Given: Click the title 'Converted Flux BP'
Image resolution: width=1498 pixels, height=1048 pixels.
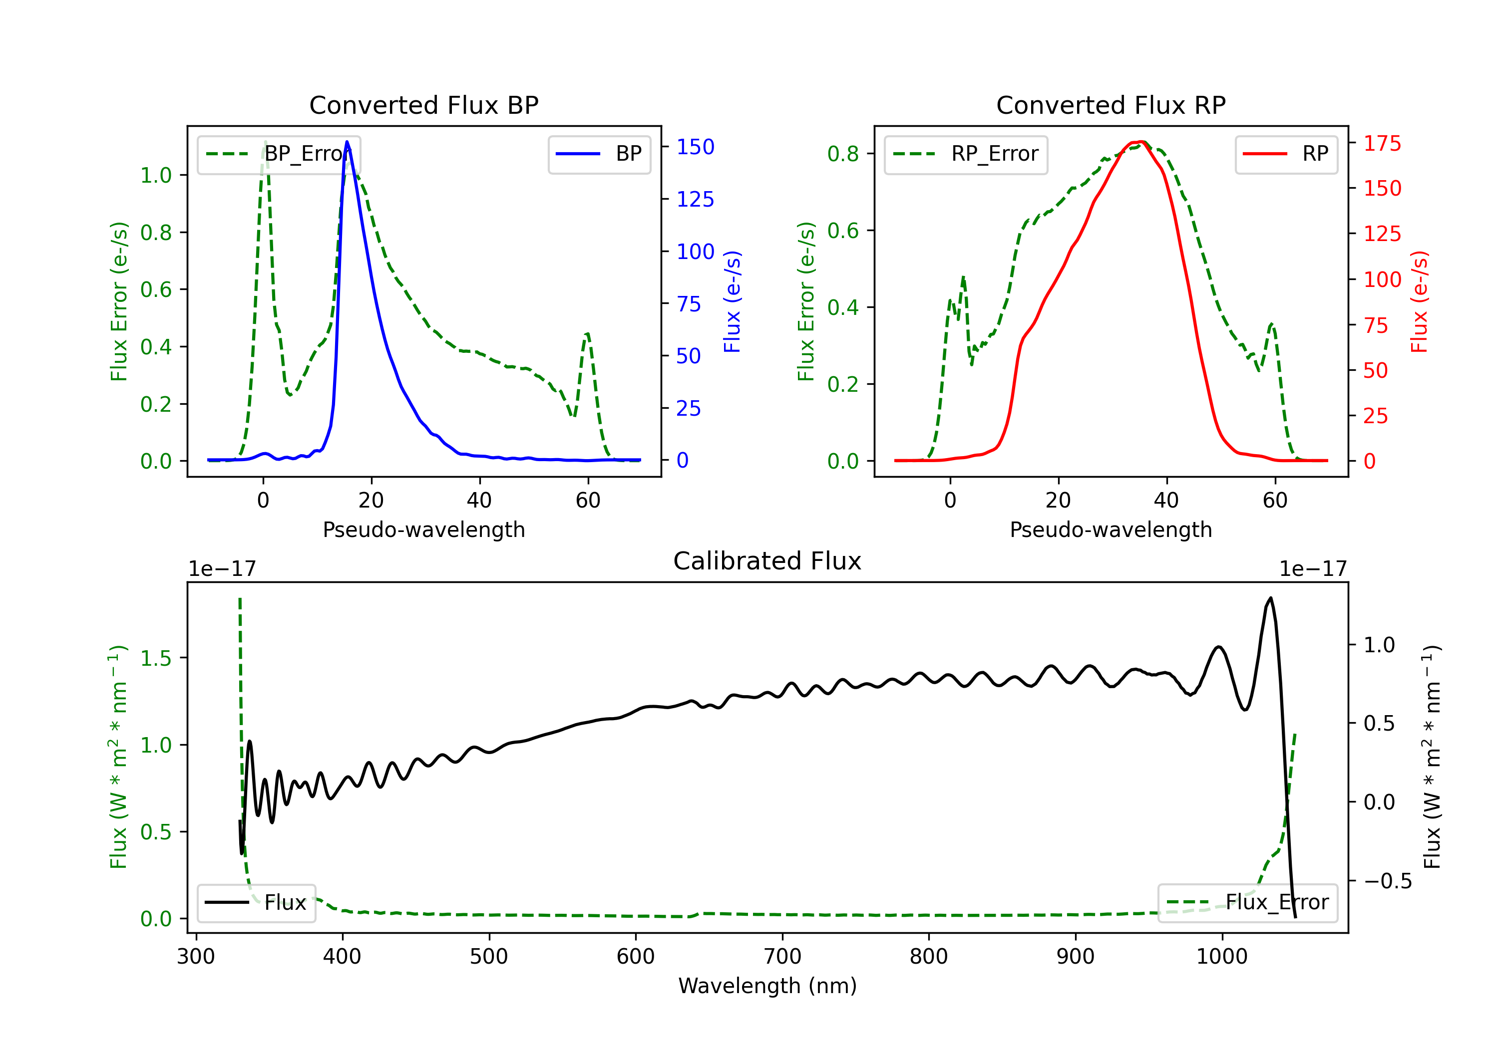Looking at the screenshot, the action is coord(423,105).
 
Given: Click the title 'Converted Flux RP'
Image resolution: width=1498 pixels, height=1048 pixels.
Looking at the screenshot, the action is coord(1111,105).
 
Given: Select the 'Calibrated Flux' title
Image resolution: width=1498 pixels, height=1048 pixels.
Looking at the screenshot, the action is coord(767,561).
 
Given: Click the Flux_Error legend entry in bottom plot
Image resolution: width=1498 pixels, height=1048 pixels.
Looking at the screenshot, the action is coord(1247,903).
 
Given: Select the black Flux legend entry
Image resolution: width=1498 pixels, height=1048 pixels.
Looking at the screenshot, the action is coord(256,903).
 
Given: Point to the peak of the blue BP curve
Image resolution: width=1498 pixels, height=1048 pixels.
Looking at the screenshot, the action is coord(347,142).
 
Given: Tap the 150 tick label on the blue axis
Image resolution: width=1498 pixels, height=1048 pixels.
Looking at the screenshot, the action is coord(695,147).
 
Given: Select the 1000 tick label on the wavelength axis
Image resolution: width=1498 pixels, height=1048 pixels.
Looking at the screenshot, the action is coord(1222,956).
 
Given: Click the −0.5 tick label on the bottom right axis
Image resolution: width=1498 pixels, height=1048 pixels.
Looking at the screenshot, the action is coord(1388,881).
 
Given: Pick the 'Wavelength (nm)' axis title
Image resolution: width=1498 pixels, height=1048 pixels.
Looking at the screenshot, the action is coord(767,986).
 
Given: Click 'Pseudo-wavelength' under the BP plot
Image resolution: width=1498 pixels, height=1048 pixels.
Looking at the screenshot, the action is coord(424,529).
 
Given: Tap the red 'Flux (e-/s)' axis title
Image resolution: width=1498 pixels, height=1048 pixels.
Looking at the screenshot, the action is coord(1419,302).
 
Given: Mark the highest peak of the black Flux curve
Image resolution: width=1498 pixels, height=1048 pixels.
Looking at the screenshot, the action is coord(1270,597).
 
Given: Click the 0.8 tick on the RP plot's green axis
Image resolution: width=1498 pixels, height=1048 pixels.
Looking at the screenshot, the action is coord(870,153).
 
